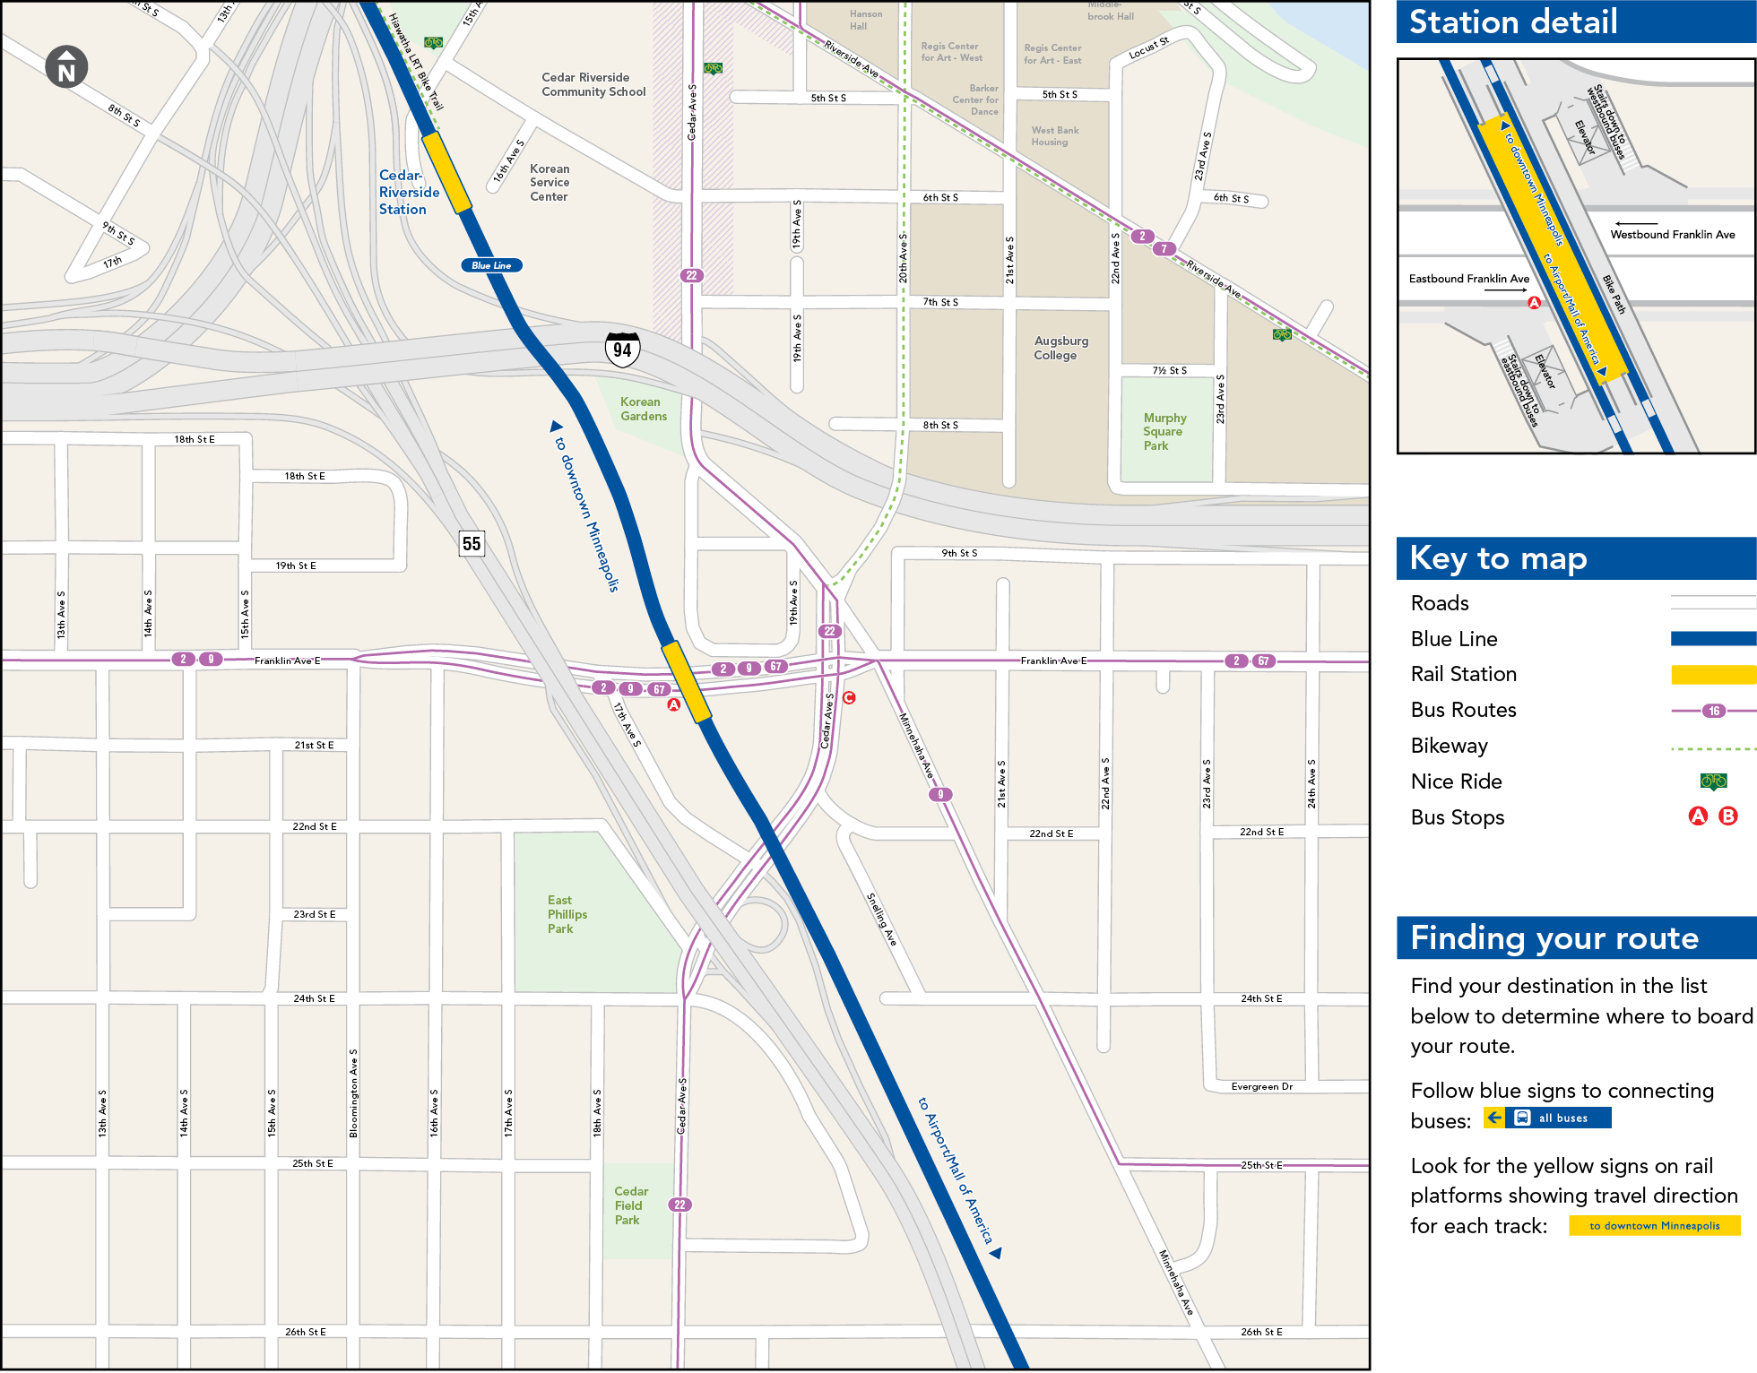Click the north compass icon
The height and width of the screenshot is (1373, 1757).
tap(67, 67)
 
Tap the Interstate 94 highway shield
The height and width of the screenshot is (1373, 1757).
tap(622, 350)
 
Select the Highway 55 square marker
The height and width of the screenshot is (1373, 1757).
tap(472, 543)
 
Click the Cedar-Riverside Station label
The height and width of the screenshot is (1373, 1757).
tap(408, 193)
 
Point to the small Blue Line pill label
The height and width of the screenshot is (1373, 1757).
tap(491, 265)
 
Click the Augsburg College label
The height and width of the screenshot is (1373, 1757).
tap(1060, 349)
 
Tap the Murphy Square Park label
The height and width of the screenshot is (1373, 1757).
tap(1164, 432)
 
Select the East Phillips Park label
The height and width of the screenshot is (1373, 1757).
tap(567, 914)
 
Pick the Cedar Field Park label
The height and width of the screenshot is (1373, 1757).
tap(630, 1205)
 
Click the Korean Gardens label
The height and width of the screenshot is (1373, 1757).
tap(643, 410)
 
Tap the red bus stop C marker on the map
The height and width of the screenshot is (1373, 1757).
tap(849, 697)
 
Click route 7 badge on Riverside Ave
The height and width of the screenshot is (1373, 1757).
tap(1164, 249)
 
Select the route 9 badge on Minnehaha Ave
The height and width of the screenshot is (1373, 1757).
tap(939, 794)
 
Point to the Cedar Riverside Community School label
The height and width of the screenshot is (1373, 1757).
tap(593, 85)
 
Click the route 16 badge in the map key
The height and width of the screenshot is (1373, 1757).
tap(1713, 711)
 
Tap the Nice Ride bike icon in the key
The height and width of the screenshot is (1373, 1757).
tap(1713, 781)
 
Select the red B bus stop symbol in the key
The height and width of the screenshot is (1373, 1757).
tap(1728, 816)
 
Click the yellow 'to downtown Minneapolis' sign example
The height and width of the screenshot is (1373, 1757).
tap(1654, 1225)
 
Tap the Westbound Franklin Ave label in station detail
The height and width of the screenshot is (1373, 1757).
tap(1672, 235)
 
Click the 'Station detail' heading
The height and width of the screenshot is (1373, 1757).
tap(1513, 22)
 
